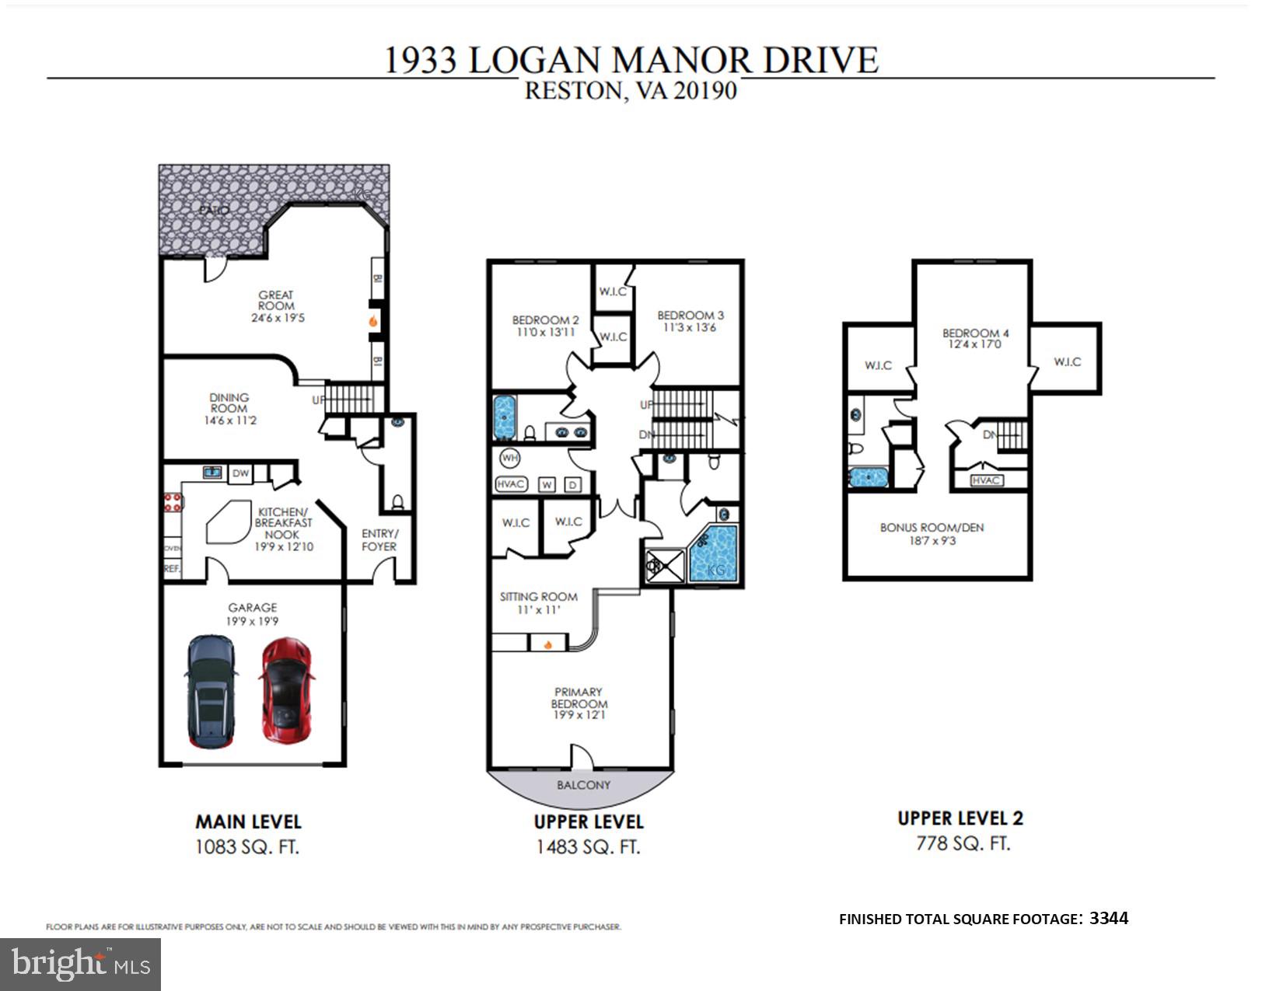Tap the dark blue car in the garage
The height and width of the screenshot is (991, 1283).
pyautogui.click(x=210, y=692)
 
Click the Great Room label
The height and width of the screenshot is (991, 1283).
pyautogui.click(x=276, y=300)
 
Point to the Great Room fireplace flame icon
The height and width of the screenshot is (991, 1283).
pyautogui.click(x=373, y=321)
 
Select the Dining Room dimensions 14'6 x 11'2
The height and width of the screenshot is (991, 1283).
pyautogui.click(x=230, y=420)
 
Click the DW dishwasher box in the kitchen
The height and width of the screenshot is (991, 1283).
pyautogui.click(x=241, y=473)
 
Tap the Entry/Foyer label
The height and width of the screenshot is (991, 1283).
pyautogui.click(x=379, y=540)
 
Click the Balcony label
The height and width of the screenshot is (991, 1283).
pyautogui.click(x=583, y=785)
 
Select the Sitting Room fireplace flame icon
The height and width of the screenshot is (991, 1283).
pyautogui.click(x=548, y=644)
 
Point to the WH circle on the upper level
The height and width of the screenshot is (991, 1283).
pyautogui.click(x=509, y=458)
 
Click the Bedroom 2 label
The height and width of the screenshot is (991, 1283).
pyautogui.click(x=545, y=320)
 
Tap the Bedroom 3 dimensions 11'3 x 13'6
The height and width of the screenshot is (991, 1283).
pyautogui.click(x=690, y=327)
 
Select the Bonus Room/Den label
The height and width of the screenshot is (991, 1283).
pyautogui.click(x=932, y=527)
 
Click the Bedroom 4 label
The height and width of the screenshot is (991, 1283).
pyautogui.click(x=975, y=333)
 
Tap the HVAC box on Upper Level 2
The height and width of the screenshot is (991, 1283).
pyautogui.click(x=986, y=480)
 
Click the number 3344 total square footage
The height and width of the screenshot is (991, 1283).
pyautogui.click(x=1109, y=918)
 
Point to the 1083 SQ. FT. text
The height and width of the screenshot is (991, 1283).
pyautogui.click(x=247, y=846)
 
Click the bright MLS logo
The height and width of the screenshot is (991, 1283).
pyautogui.click(x=80, y=965)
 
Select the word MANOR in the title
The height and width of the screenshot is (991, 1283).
pyautogui.click(x=681, y=60)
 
